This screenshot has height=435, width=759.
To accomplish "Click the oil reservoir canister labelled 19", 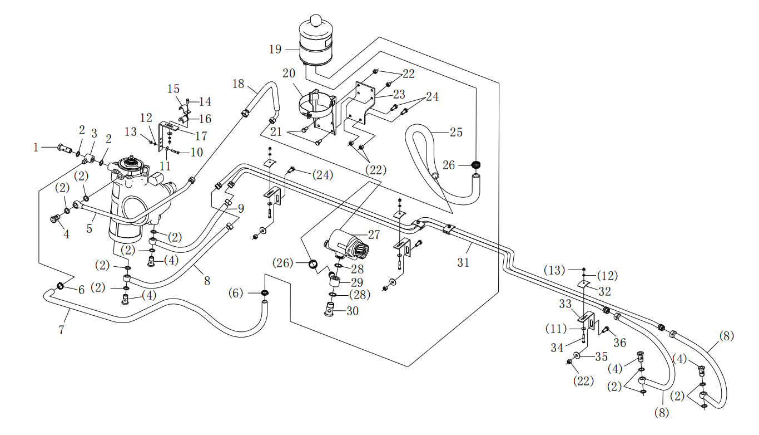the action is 316,42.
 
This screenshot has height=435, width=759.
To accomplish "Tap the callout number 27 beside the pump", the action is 374,234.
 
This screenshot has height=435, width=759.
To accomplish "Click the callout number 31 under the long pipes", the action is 463,262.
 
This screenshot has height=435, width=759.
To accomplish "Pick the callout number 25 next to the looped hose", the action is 456,132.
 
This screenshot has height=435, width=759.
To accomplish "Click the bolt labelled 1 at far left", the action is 65,148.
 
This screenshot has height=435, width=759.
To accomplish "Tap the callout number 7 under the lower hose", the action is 61,330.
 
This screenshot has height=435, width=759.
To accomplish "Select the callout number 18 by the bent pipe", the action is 238,84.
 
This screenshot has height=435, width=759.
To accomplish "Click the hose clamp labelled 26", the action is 477,165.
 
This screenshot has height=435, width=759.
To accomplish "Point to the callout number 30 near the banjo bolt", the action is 353,311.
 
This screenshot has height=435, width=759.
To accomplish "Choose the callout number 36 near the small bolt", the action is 620,343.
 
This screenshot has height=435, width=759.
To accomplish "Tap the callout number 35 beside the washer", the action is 601,356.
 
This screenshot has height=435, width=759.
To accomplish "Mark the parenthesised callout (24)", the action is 323,175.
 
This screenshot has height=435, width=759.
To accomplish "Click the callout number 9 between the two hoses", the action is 241,208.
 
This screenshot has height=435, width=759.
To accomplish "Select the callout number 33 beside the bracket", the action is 565,304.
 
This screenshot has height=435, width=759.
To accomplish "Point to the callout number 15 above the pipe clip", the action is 173,89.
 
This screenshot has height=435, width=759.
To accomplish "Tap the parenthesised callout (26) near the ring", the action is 282,263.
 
